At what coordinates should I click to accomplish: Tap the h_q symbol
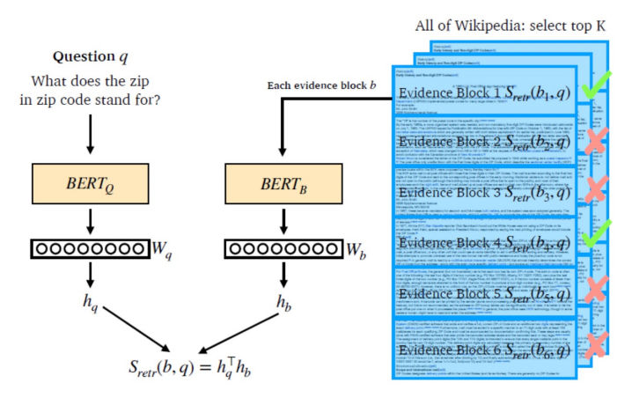(91, 303)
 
